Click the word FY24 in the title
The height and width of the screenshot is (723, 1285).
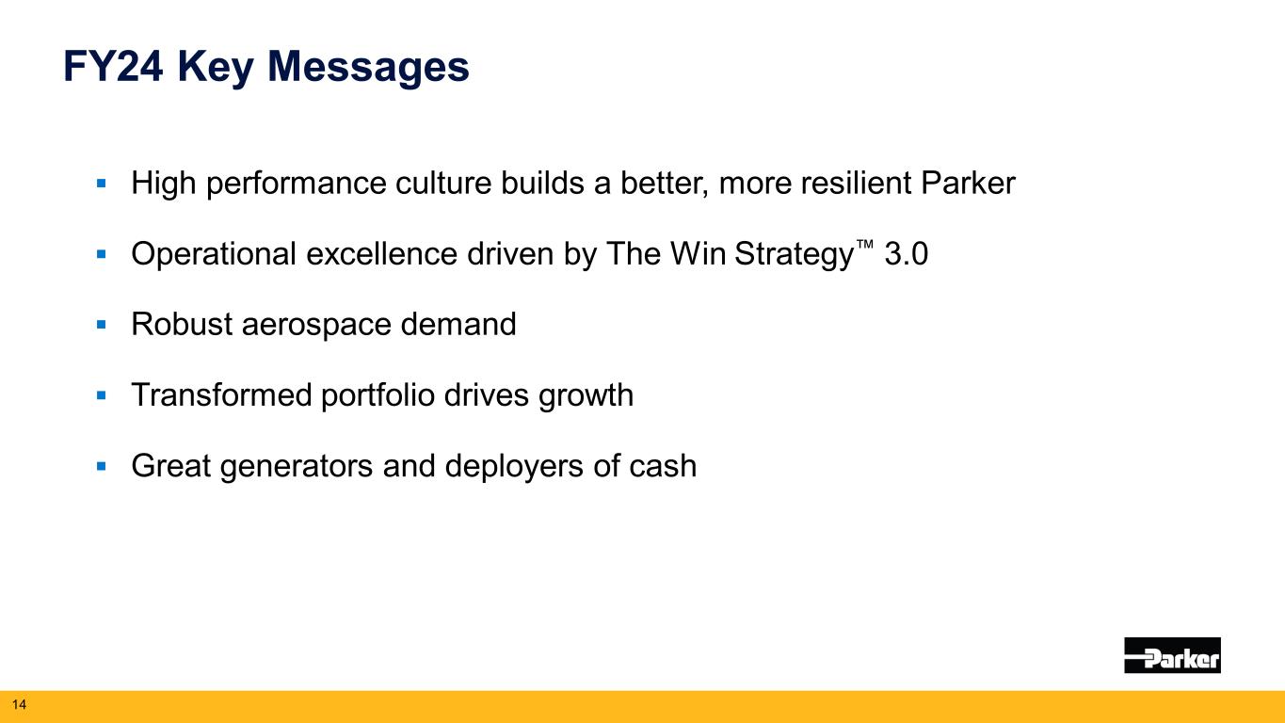[x=113, y=67]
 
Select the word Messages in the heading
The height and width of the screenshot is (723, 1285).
[x=368, y=69]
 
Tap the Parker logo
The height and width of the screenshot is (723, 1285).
[x=1172, y=655]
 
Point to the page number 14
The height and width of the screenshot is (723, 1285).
[x=19, y=704]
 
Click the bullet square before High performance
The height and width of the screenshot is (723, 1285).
[x=102, y=184]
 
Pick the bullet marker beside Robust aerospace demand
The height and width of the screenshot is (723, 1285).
[x=102, y=325]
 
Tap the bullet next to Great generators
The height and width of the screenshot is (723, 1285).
[x=102, y=466]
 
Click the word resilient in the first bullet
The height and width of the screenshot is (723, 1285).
[x=856, y=183]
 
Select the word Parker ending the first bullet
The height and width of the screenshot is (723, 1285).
[x=968, y=183]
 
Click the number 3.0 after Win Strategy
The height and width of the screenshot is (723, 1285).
[x=906, y=254]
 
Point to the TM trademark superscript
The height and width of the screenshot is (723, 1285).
[x=864, y=245]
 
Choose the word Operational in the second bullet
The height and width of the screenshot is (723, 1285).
[x=214, y=254]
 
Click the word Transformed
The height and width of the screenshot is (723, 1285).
[x=221, y=395]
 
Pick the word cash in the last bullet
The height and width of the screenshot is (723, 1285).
[x=663, y=466]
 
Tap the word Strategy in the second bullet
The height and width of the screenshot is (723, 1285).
[x=794, y=255]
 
